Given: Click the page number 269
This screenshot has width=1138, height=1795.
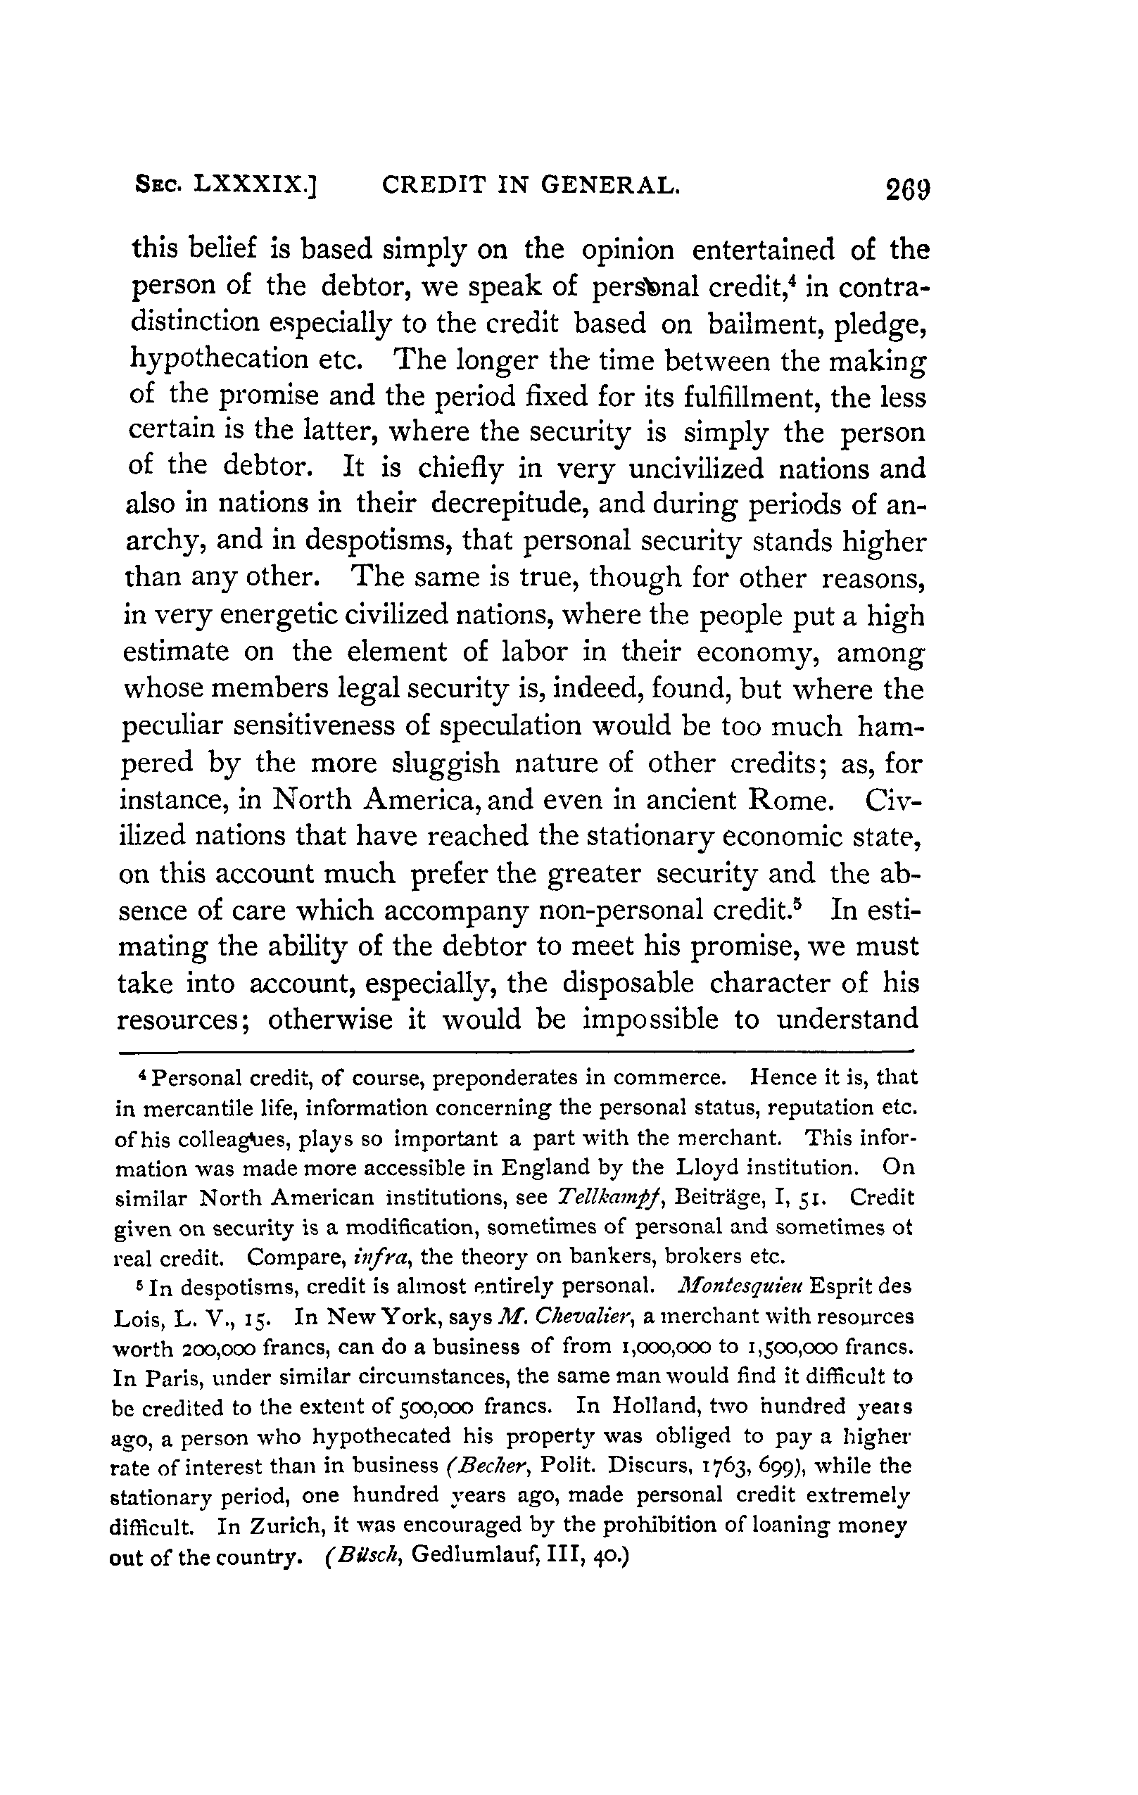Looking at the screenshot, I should tap(909, 189).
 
